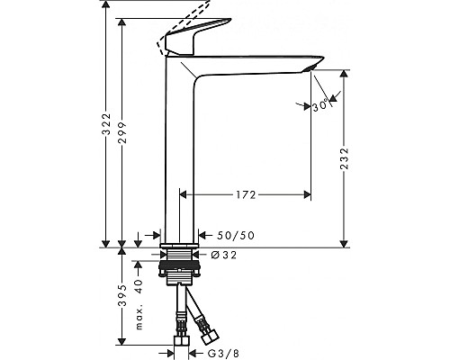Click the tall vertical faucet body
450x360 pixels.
(x=180, y=153)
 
